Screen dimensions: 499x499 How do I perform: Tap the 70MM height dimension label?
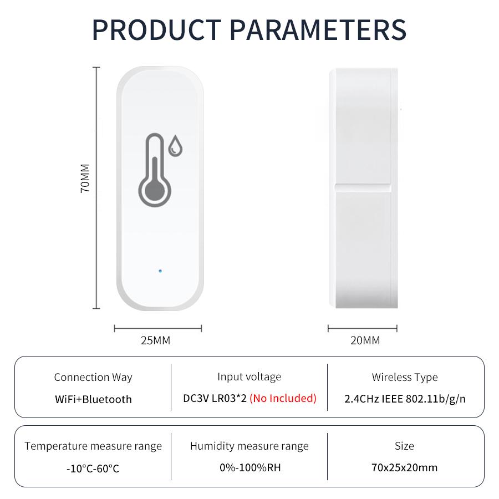click(85, 177)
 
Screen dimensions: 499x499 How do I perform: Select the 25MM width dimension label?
click(156, 340)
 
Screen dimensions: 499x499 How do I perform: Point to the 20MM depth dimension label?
click(365, 340)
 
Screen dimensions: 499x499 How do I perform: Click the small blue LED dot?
click(160, 272)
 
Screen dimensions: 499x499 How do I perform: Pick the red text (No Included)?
click(283, 398)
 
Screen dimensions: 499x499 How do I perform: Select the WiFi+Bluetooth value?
click(93, 399)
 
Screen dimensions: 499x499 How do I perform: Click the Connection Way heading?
click(93, 378)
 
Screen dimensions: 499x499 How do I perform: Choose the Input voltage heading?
click(249, 377)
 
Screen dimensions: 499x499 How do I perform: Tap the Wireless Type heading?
click(405, 378)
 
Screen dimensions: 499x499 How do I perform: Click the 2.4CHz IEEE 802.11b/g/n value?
click(405, 399)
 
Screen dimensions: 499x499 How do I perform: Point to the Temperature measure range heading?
click(93, 446)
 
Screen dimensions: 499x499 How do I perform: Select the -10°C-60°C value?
click(93, 469)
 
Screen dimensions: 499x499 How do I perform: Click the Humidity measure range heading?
click(249, 446)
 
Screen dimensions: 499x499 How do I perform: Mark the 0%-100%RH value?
click(250, 467)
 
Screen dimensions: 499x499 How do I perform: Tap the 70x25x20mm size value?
click(405, 467)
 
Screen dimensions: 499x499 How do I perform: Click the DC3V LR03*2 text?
click(215, 398)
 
